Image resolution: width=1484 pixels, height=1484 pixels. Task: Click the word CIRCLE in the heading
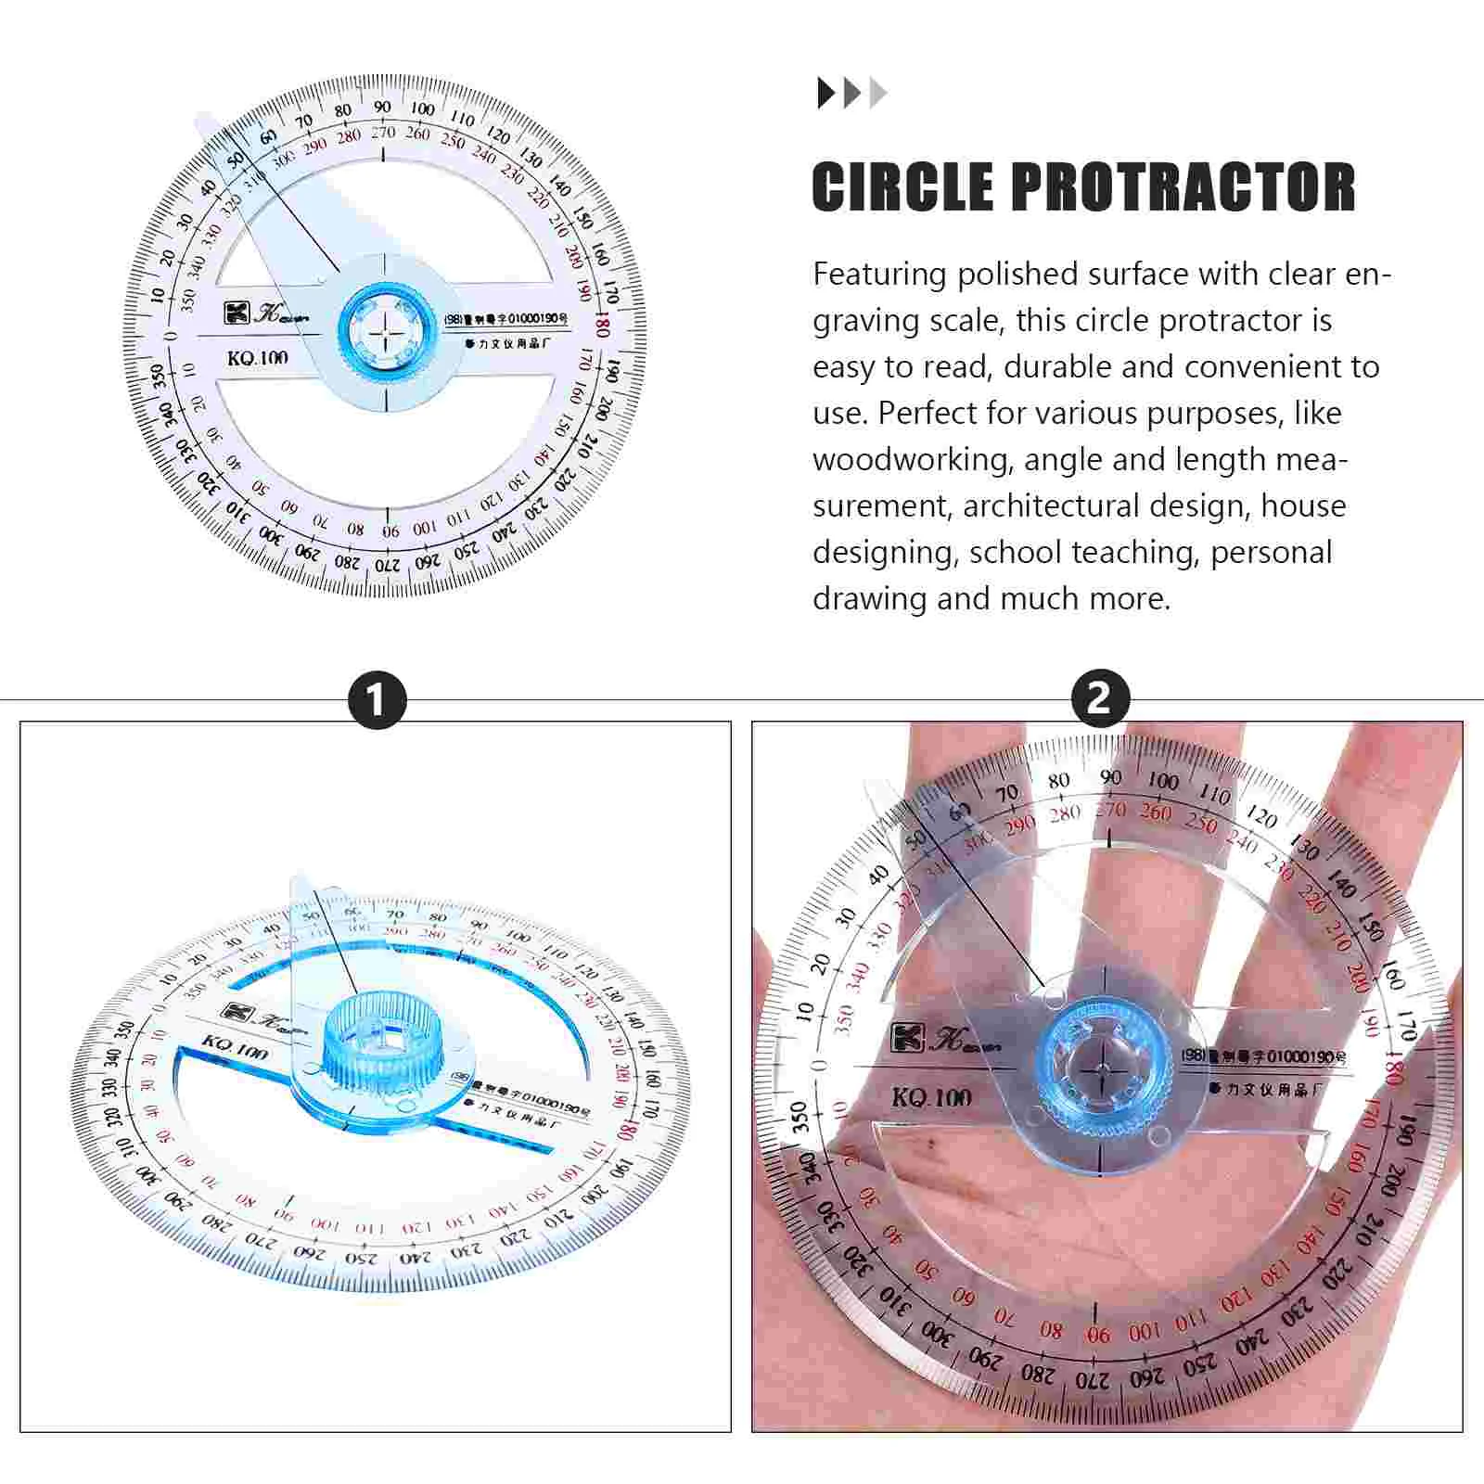(902, 187)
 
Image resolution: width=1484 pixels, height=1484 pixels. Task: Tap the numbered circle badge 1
(377, 700)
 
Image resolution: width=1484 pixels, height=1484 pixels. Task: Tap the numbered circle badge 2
(1099, 698)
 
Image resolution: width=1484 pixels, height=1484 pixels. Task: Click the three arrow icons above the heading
(851, 93)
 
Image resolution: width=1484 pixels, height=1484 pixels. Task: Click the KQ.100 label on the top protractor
(258, 358)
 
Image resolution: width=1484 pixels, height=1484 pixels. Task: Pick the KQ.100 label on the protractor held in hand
(931, 1097)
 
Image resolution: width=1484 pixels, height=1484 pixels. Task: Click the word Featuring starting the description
(879, 275)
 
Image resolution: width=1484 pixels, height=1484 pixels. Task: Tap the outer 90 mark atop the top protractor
(382, 108)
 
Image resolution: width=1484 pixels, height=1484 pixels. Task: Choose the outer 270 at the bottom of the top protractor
(387, 564)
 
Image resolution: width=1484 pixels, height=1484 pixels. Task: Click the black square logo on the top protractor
(236, 312)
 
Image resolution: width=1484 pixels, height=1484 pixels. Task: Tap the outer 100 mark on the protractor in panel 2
(1162, 781)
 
